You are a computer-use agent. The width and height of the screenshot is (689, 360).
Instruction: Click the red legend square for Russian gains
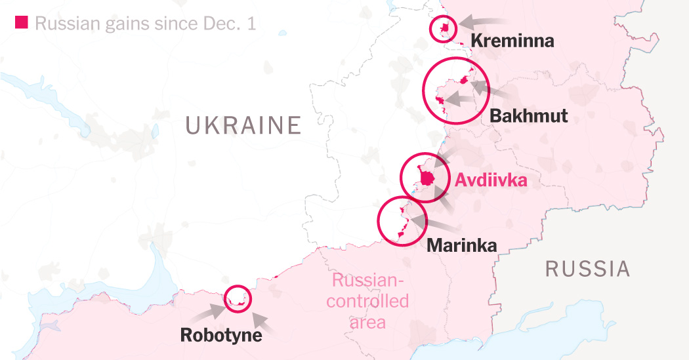pos(21,23)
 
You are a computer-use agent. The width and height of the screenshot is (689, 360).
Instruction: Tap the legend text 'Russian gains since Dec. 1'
pos(144,24)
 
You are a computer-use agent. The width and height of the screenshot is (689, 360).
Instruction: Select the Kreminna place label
pos(512,41)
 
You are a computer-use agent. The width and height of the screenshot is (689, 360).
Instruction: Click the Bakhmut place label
pos(528,116)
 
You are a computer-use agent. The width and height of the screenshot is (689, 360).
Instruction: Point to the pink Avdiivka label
pos(491,180)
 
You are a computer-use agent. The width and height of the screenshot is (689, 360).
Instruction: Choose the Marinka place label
pos(461,245)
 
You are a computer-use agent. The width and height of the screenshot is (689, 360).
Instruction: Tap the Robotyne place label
pos(221,335)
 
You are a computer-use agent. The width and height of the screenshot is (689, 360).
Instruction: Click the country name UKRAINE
pos(243,125)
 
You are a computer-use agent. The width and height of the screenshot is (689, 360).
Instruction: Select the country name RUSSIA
pos(587,269)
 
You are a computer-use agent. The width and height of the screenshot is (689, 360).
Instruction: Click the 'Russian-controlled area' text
pos(367,302)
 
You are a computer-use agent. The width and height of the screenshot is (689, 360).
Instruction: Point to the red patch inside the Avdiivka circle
pos(427,177)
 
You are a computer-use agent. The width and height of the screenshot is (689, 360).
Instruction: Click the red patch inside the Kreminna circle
pos(444,28)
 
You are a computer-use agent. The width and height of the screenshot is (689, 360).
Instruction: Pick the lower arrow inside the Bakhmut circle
pos(463,100)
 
